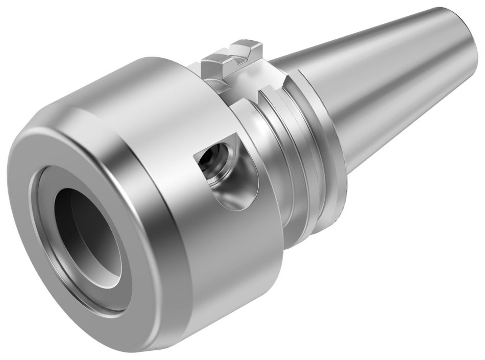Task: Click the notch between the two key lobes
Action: point(236,59)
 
